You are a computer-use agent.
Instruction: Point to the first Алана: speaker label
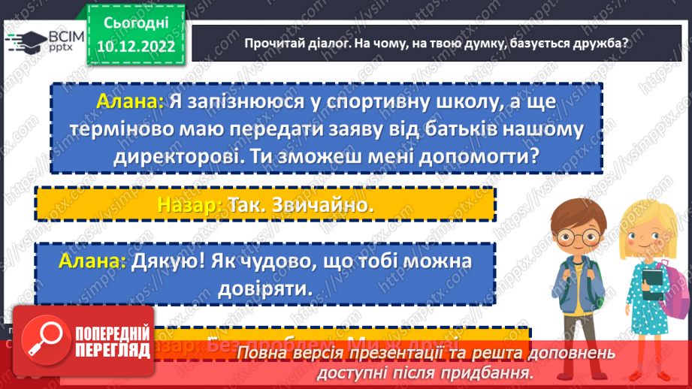130,101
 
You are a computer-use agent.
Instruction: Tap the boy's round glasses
577,235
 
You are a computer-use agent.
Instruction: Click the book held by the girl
648,285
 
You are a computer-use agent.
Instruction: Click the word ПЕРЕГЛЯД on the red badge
103,350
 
